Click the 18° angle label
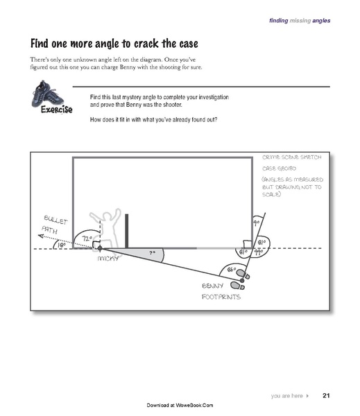pos(61,245)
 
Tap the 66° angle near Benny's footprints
pos(232,270)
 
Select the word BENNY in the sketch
pos(212,285)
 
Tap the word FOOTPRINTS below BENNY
pos(221,296)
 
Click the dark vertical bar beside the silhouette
pos(127,229)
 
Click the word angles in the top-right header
pos(320,20)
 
